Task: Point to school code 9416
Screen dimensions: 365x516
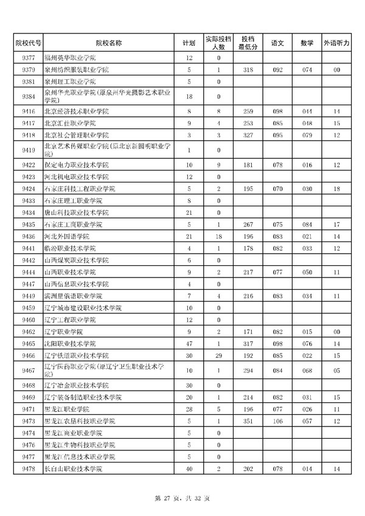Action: [27, 112]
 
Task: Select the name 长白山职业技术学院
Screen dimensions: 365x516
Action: [74, 469]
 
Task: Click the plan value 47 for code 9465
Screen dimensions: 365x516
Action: [189, 343]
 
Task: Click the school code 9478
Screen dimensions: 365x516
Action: [27, 469]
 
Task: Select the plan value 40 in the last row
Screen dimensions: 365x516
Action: [189, 469]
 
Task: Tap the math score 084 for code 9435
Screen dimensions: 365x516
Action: [307, 225]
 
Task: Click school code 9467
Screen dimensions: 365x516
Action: [27, 370]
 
